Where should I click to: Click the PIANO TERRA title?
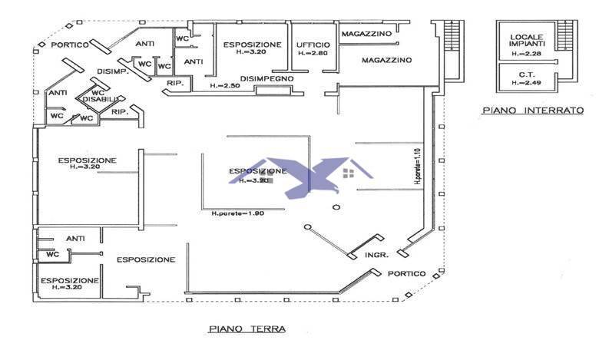tap(246, 329)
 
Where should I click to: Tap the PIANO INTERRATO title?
tap(533, 111)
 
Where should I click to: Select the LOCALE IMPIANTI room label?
tap(527, 40)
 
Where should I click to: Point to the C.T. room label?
tap(526, 74)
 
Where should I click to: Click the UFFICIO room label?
tap(312, 45)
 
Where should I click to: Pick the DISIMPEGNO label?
tap(267, 78)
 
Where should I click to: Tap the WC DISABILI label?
tap(100, 96)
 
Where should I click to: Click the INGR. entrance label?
tap(376, 254)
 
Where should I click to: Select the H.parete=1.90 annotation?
tap(237, 213)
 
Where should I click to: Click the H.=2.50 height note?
tap(224, 86)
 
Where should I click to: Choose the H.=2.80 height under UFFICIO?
tap(312, 54)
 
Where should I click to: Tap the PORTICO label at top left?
tap(72, 45)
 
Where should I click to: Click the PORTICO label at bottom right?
tap(406, 274)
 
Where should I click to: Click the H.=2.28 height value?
tap(527, 54)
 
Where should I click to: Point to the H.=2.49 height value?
tap(526, 81)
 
